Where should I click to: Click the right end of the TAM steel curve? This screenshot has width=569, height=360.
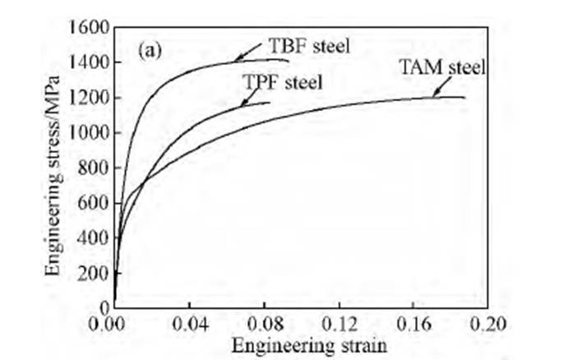click(x=465, y=98)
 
